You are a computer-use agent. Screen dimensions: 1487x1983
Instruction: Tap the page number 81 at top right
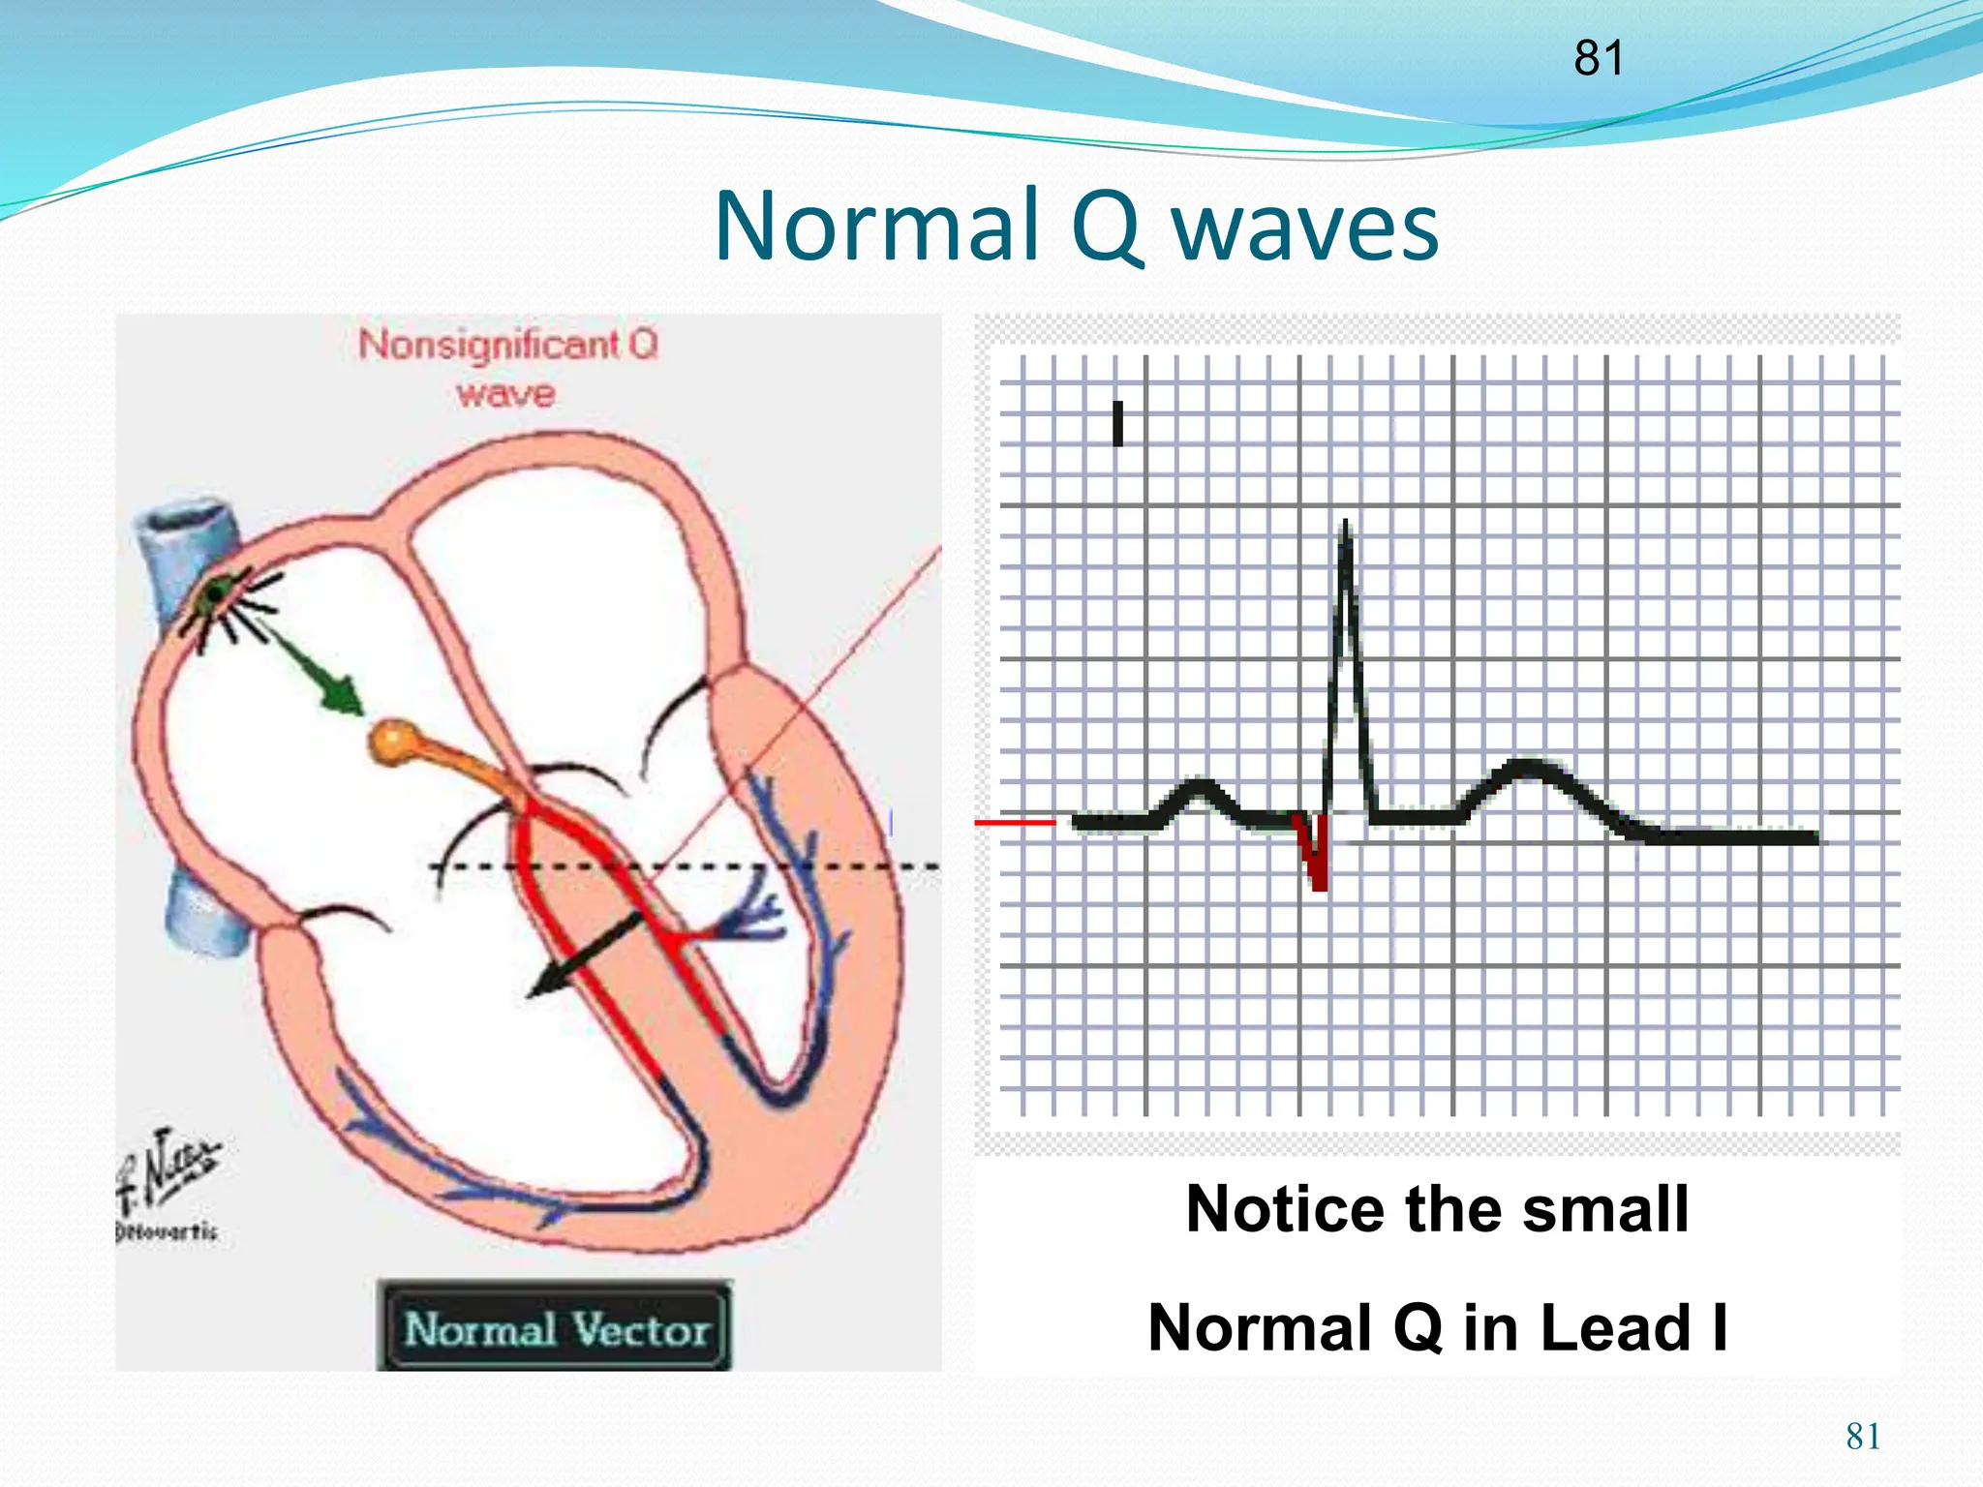coord(1598,58)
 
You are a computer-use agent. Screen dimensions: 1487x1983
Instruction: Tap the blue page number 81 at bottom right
coord(1863,1436)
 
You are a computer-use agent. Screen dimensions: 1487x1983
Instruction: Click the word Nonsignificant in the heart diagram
coord(489,345)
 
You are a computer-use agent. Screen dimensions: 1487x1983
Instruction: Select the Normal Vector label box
coord(555,1328)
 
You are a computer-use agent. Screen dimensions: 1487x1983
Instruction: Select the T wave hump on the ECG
coord(1527,774)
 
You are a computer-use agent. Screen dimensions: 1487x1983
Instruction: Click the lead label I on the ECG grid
coord(1118,424)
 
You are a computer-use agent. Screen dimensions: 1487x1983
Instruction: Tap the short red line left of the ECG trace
coord(1015,822)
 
